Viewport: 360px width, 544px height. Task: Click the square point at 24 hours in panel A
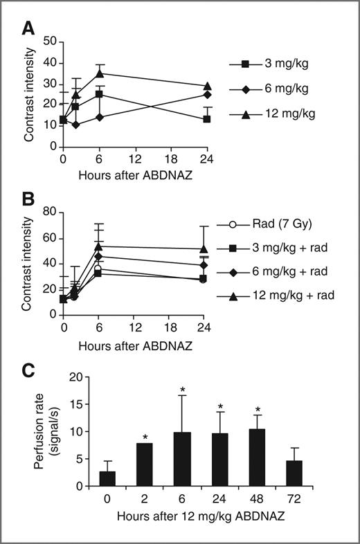[x=208, y=119]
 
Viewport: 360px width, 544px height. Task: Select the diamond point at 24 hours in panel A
[x=208, y=94]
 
